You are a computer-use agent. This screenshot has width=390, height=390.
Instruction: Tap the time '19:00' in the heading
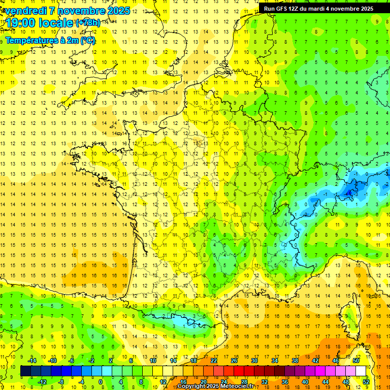point(20,23)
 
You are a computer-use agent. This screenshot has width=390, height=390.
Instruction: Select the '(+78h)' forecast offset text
point(88,23)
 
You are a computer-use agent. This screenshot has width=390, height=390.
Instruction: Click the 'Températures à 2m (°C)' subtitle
point(50,40)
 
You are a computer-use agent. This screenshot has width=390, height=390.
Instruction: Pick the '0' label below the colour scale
point(101,382)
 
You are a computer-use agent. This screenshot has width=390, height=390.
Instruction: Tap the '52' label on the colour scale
point(366,382)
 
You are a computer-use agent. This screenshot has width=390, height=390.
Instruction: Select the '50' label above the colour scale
point(355,360)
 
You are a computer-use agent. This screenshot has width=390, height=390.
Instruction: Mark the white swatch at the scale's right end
point(361,371)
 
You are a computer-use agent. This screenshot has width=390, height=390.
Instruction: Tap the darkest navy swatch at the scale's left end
point(25,371)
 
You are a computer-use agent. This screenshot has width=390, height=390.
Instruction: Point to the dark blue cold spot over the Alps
point(350,191)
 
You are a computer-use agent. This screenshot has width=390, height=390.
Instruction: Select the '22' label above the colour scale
point(214,360)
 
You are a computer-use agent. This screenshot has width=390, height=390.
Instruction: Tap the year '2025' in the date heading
point(118,11)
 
